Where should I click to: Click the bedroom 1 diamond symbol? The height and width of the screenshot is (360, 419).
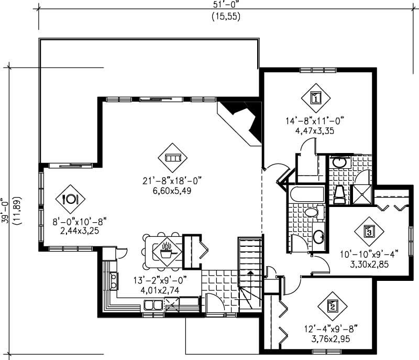coord(316,97)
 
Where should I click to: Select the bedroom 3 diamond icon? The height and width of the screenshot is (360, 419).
coord(369,231)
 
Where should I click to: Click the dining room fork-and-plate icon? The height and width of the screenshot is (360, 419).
coord(70,199)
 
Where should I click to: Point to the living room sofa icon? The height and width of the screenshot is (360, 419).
coord(172,157)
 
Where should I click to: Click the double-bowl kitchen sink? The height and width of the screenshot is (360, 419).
coord(153,304)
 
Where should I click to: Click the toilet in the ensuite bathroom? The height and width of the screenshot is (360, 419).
coord(339,194)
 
